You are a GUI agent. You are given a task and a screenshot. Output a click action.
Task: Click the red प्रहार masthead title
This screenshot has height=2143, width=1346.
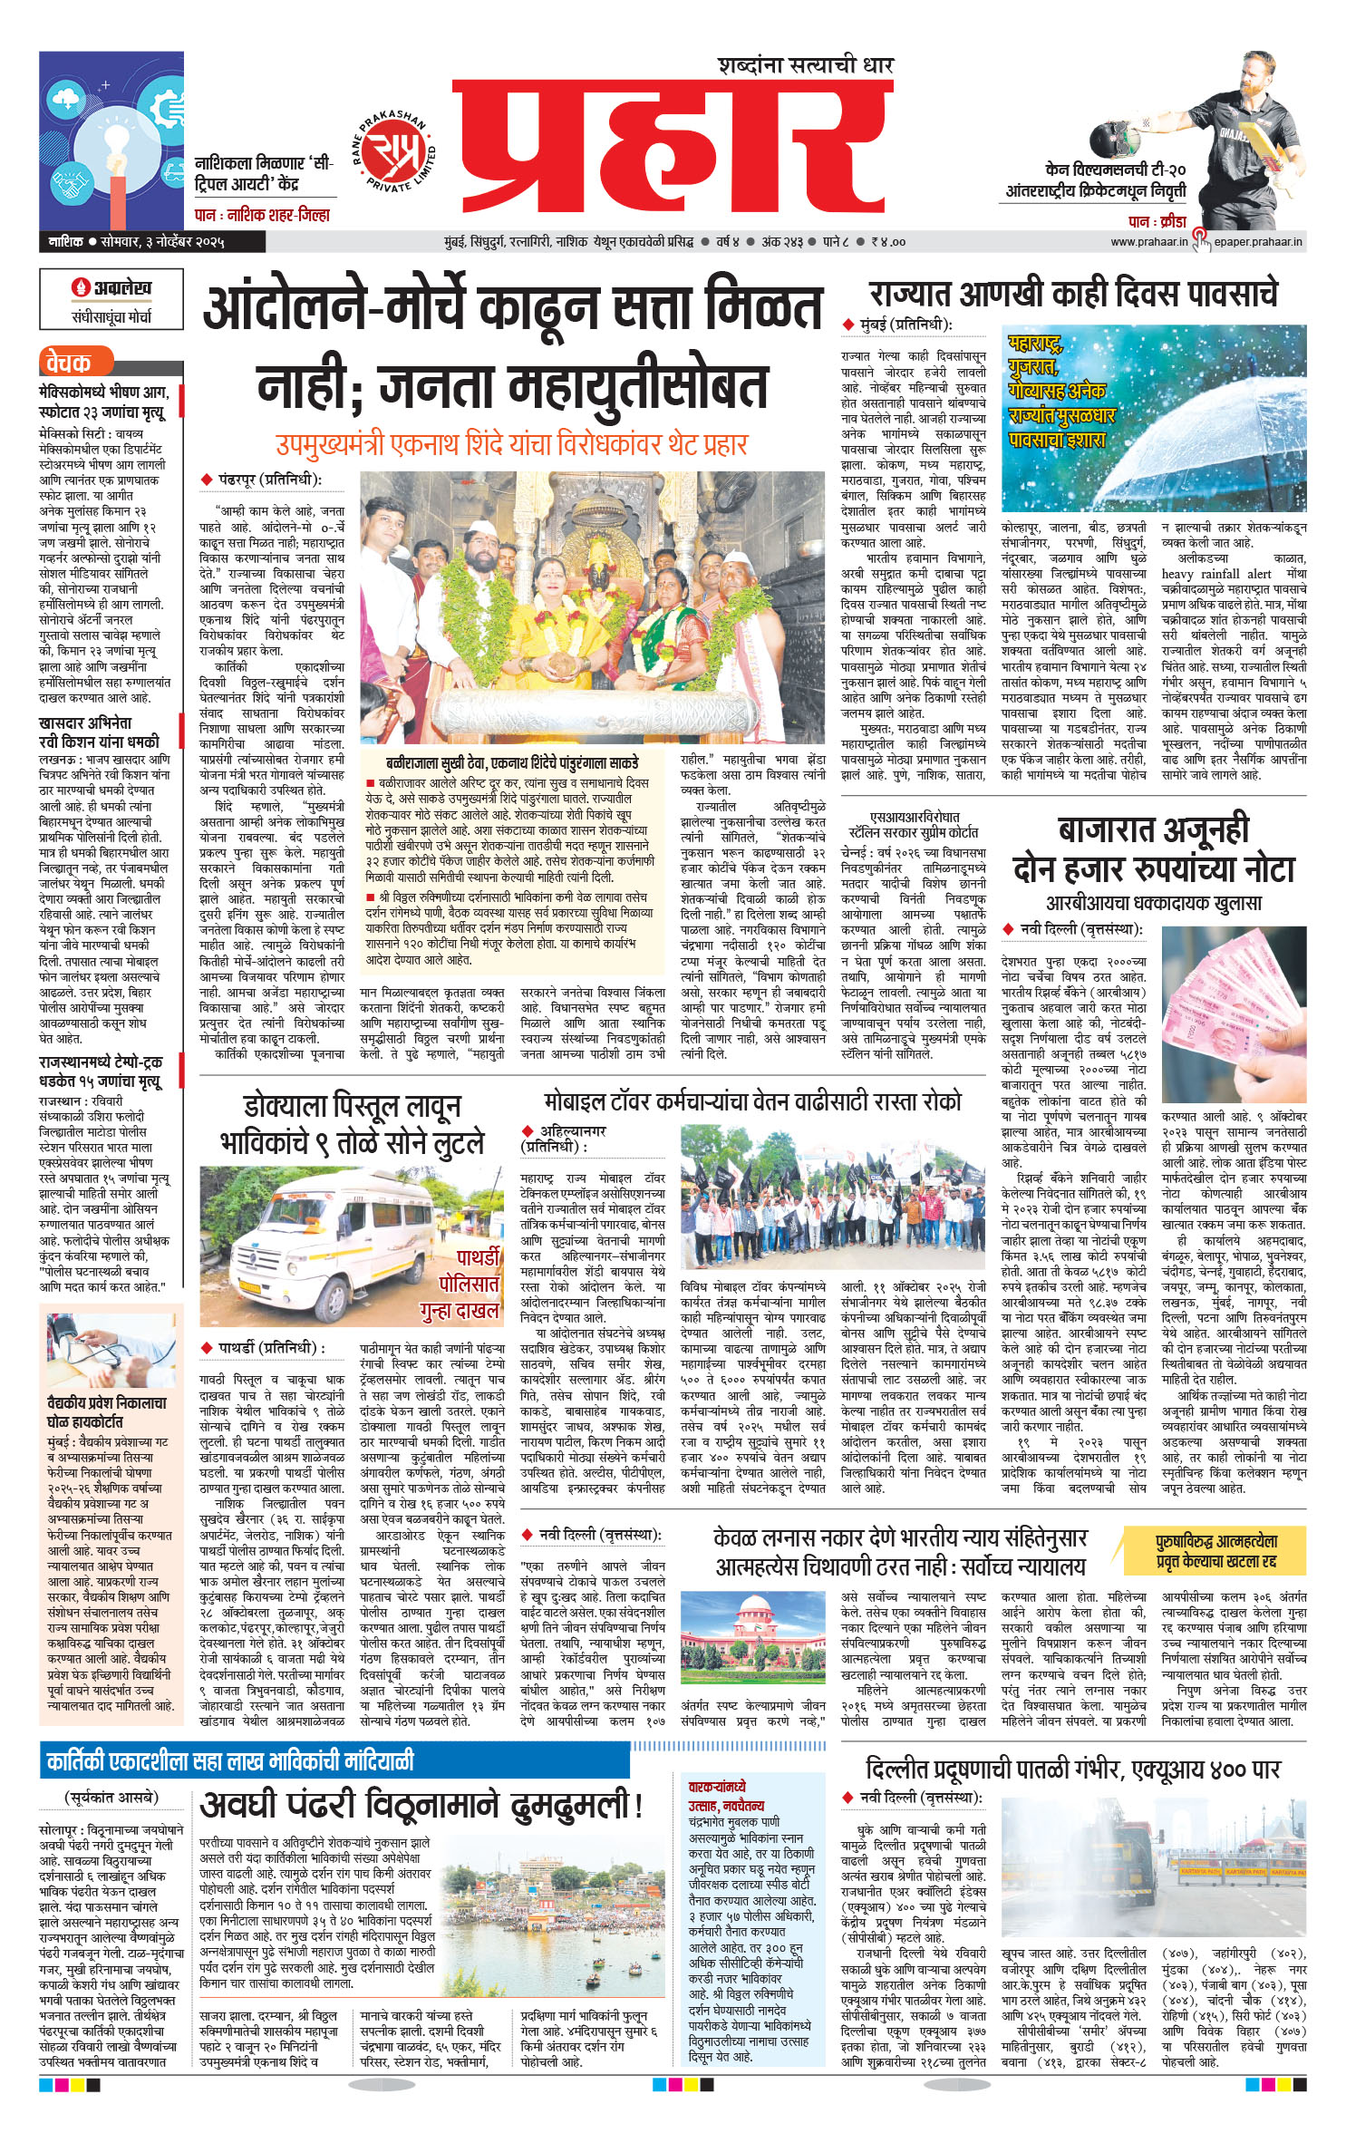tap(671, 150)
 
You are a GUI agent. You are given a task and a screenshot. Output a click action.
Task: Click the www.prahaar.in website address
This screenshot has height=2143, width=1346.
tap(1148, 242)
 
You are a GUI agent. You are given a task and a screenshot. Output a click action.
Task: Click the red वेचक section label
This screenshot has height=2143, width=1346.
tap(69, 364)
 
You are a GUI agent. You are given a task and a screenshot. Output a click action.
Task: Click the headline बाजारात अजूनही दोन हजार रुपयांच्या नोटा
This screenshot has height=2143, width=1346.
tap(1153, 849)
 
